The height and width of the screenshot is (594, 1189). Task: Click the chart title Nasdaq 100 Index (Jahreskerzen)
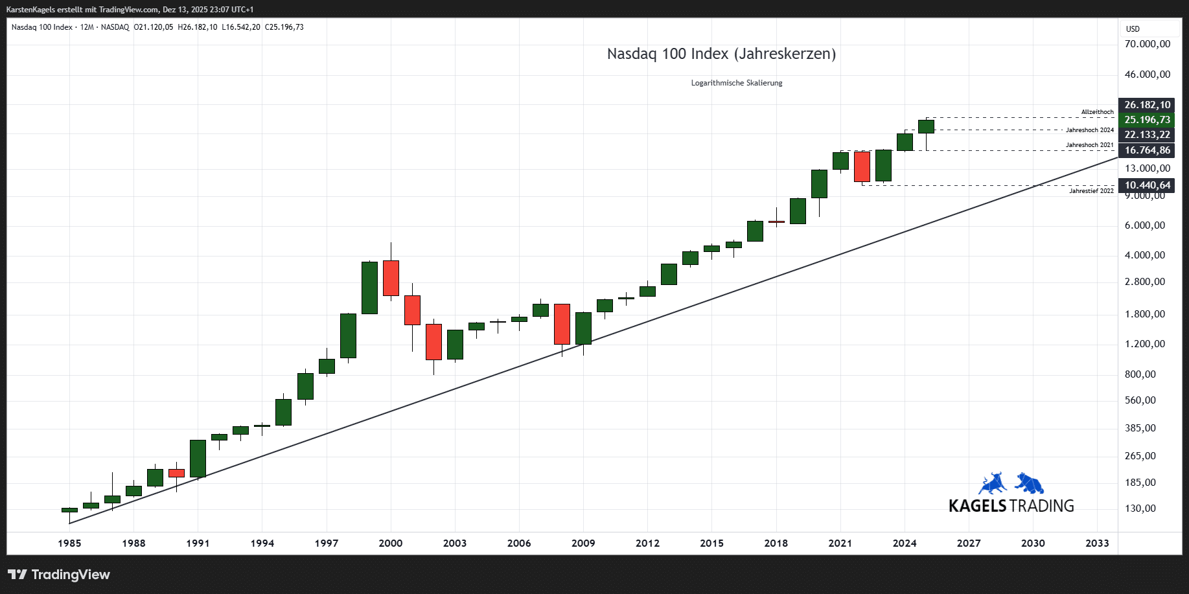coord(721,54)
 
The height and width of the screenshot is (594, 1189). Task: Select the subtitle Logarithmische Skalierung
coord(737,83)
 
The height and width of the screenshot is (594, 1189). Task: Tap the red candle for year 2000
coord(391,278)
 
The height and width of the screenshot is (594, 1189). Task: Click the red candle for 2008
coord(562,324)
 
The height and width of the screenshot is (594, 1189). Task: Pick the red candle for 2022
coord(862,166)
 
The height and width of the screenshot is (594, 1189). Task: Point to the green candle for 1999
coord(369,288)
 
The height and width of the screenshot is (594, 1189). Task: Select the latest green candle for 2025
coord(926,126)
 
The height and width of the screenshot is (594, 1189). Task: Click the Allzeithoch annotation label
coord(1097,112)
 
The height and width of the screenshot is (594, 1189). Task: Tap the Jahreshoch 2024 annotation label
coord(1090,130)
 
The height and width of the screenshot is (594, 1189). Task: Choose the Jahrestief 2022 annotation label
coord(1091,191)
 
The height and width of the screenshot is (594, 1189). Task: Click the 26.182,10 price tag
coord(1147,105)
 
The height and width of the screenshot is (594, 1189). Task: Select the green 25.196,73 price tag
coord(1147,120)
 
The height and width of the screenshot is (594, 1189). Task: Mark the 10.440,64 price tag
coord(1147,185)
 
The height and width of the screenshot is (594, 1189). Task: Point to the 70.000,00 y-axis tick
coord(1147,44)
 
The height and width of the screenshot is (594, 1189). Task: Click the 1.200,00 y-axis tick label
coord(1145,344)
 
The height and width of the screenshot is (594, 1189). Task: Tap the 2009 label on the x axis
coord(583,543)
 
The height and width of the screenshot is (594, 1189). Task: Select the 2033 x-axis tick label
coord(1097,543)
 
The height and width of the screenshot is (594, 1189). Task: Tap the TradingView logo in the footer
coord(59,575)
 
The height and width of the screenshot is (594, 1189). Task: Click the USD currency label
coord(1133,29)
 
